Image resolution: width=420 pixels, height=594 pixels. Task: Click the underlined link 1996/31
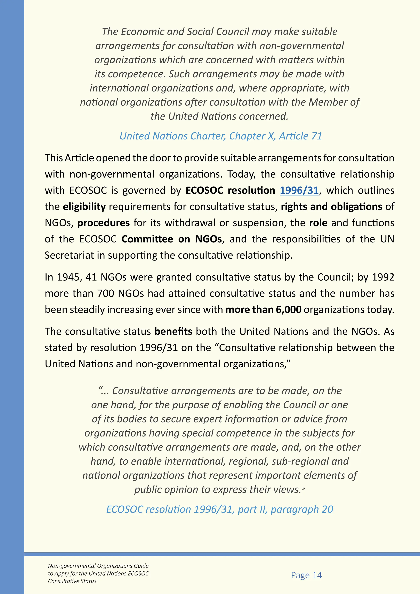tap(299, 190)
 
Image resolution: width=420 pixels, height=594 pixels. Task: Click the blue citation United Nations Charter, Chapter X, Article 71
tap(221, 136)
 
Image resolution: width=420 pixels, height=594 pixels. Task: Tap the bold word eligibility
tap(84, 207)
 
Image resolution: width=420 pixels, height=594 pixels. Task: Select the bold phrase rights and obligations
tap(331, 207)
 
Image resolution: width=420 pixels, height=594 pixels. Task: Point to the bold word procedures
tap(103, 223)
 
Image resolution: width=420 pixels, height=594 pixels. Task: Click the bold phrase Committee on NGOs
tap(171, 239)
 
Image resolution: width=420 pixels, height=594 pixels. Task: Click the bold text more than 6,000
tap(263, 310)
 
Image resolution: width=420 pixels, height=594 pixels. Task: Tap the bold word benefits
tap(173, 332)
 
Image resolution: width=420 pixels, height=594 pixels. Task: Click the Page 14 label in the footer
tap(306, 575)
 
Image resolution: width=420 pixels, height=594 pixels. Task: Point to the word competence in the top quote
tap(136, 74)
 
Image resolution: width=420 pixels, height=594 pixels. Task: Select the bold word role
tap(318, 223)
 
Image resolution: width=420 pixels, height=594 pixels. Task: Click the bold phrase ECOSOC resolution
tap(230, 190)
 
